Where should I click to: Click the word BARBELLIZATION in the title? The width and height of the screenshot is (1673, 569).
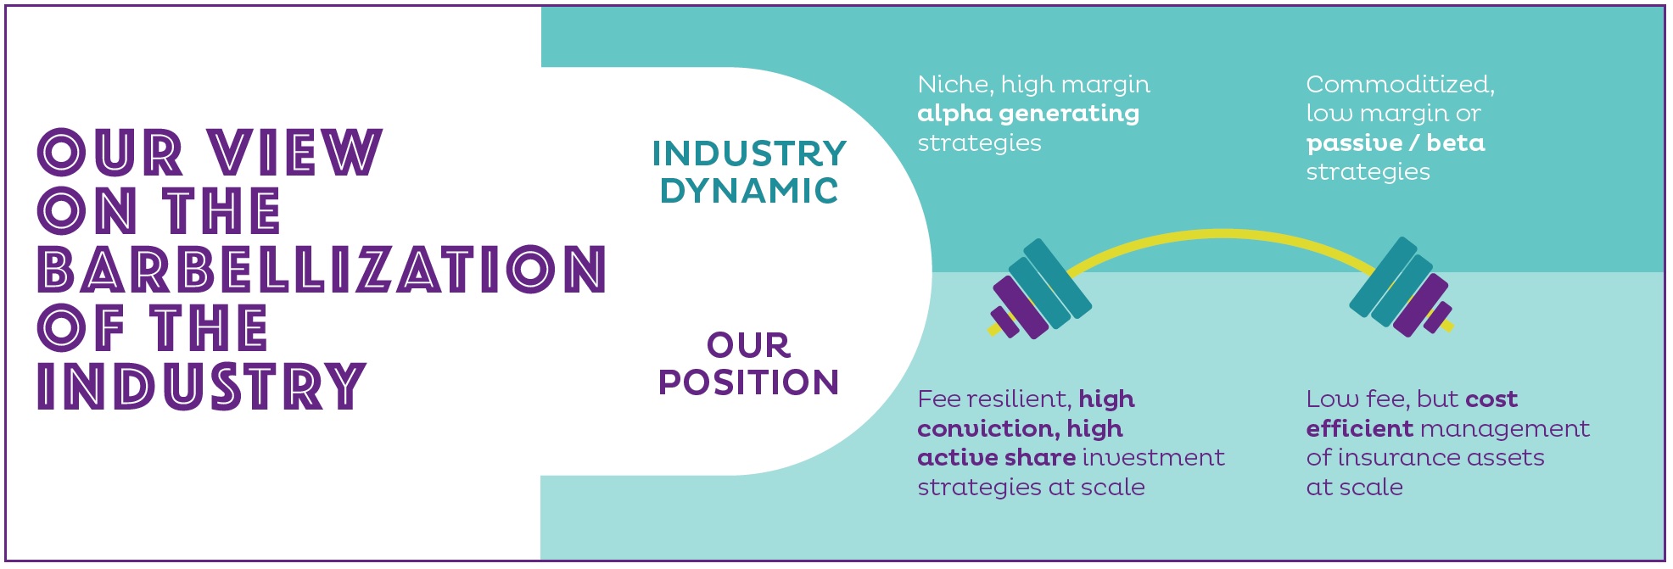[x=322, y=270]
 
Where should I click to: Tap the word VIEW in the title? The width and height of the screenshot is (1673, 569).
[x=295, y=153]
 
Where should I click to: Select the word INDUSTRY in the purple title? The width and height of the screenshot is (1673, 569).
[x=202, y=387]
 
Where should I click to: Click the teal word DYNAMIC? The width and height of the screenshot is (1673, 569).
[x=749, y=191]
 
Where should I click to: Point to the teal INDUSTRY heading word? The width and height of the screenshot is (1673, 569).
[x=749, y=153]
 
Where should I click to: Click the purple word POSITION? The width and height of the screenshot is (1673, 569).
[x=749, y=382]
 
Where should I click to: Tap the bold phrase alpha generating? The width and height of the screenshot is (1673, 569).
[x=1028, y=114]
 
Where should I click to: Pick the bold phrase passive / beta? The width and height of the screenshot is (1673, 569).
[x=1396, y=143]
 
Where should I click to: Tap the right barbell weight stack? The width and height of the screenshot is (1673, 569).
[x=1401, y=287]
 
